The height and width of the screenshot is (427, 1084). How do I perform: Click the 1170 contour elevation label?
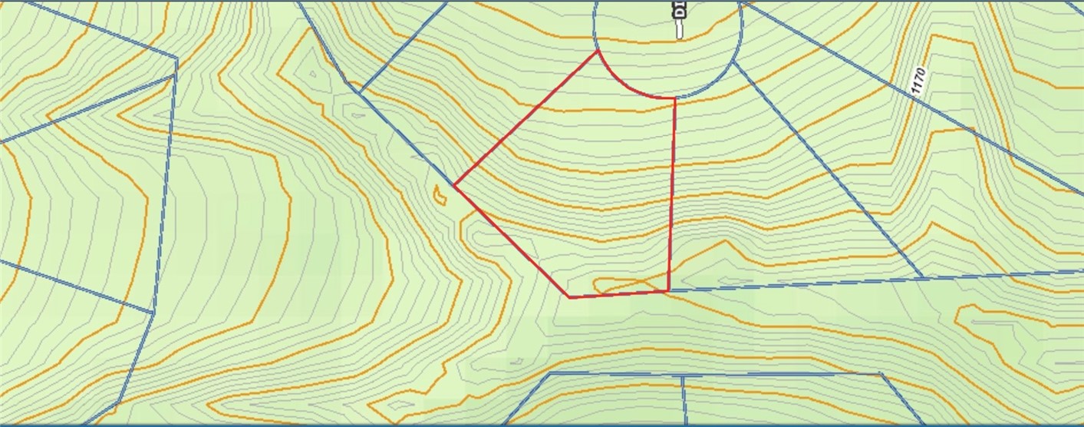(920, 81)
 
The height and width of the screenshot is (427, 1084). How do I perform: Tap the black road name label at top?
(678, 9)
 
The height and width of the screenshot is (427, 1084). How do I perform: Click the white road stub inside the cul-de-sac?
(679, 29)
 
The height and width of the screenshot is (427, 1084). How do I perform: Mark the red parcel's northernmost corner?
(598, 52)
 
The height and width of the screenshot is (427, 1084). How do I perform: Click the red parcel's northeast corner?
(675, 98)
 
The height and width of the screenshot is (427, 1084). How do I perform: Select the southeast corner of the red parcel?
(668, 291)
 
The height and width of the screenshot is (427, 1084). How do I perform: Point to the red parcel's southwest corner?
(570, 297)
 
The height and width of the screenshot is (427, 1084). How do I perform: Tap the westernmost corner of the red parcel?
(454, 185)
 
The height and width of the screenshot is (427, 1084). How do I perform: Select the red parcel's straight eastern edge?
(672, 192)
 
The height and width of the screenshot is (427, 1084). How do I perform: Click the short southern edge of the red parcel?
(619, 294)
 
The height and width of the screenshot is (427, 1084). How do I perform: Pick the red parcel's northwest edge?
(526, 119)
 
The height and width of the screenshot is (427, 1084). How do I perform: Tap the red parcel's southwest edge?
(512, 241)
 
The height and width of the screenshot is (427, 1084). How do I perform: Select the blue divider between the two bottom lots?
(683, 399)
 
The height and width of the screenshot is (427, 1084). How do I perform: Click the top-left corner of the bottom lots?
(551, 374)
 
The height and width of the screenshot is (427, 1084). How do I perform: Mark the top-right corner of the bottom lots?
(881, 375)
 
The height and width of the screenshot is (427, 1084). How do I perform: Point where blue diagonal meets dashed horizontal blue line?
(921, 276)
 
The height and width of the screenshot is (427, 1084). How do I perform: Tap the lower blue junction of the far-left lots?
(153, 313)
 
